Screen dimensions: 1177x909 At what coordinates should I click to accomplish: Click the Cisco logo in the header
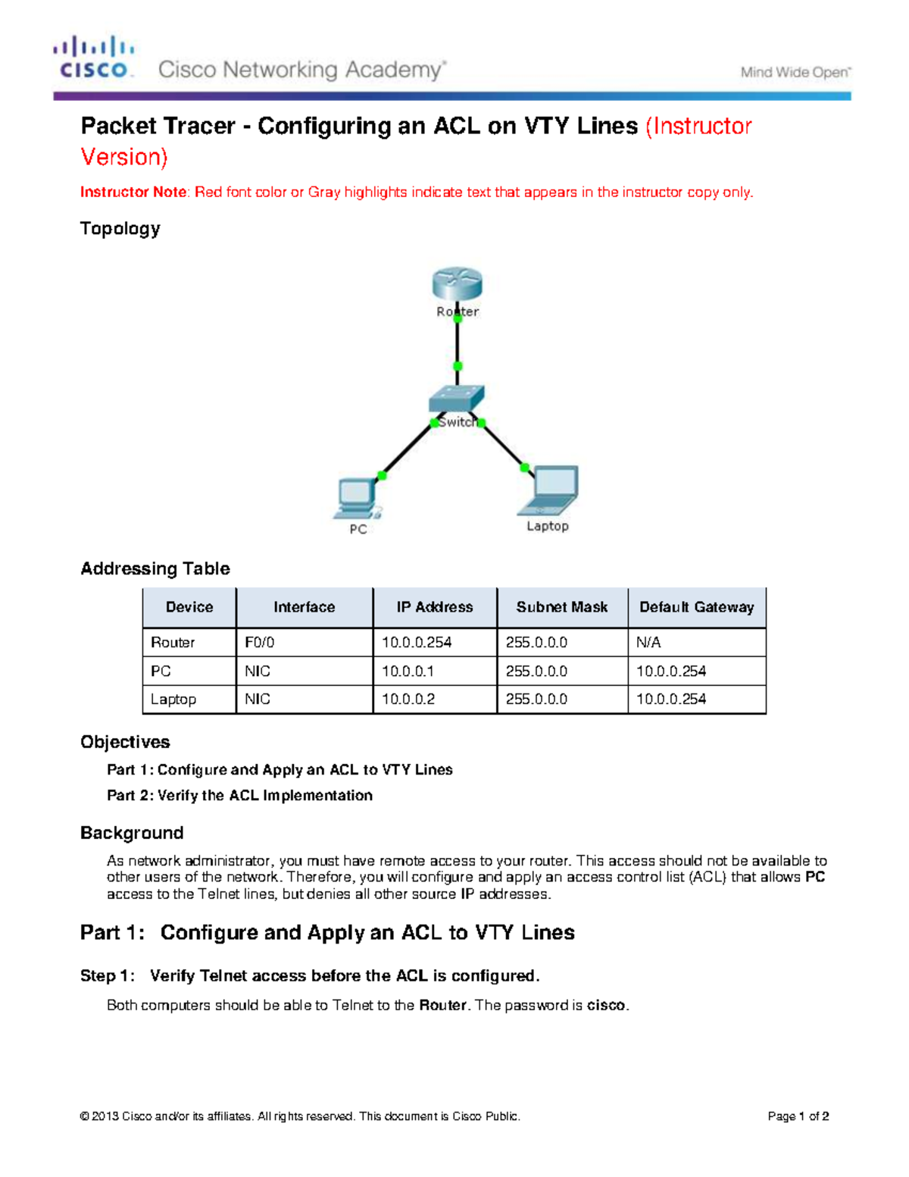[x=93, y=58]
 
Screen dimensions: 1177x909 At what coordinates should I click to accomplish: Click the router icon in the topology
[x=457, y=284]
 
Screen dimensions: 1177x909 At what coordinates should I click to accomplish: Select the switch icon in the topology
[x=456, y=398]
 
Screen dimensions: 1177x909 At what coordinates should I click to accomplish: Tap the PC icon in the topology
[x=355, y=497]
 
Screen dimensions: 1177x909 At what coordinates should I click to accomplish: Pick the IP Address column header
[x=434, y=607]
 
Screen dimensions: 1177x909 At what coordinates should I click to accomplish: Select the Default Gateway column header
[x=696, y=607]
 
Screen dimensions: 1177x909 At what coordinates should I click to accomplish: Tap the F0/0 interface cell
[x=260, y=643]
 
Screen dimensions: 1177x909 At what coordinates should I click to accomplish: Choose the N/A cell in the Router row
[x=648, y=643]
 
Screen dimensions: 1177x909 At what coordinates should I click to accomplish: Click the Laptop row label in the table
[x=173, y=700]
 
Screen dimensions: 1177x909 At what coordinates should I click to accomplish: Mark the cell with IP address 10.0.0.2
[x=408, y=700]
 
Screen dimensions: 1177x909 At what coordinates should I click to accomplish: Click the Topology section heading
[x=120, y=229]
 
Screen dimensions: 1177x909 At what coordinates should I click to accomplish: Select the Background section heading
[x=132, y=833]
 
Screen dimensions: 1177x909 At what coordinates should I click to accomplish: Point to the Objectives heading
[x=125, y=742]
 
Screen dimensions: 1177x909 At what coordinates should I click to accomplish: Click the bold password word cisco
[x=606, y=1006]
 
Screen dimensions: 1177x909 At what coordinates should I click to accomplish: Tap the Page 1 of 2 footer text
[x=798, y=1116]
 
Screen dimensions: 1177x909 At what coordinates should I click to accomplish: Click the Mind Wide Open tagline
[x=795, y=73]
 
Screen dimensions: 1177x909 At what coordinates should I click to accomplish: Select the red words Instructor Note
[x=133, y=193]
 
